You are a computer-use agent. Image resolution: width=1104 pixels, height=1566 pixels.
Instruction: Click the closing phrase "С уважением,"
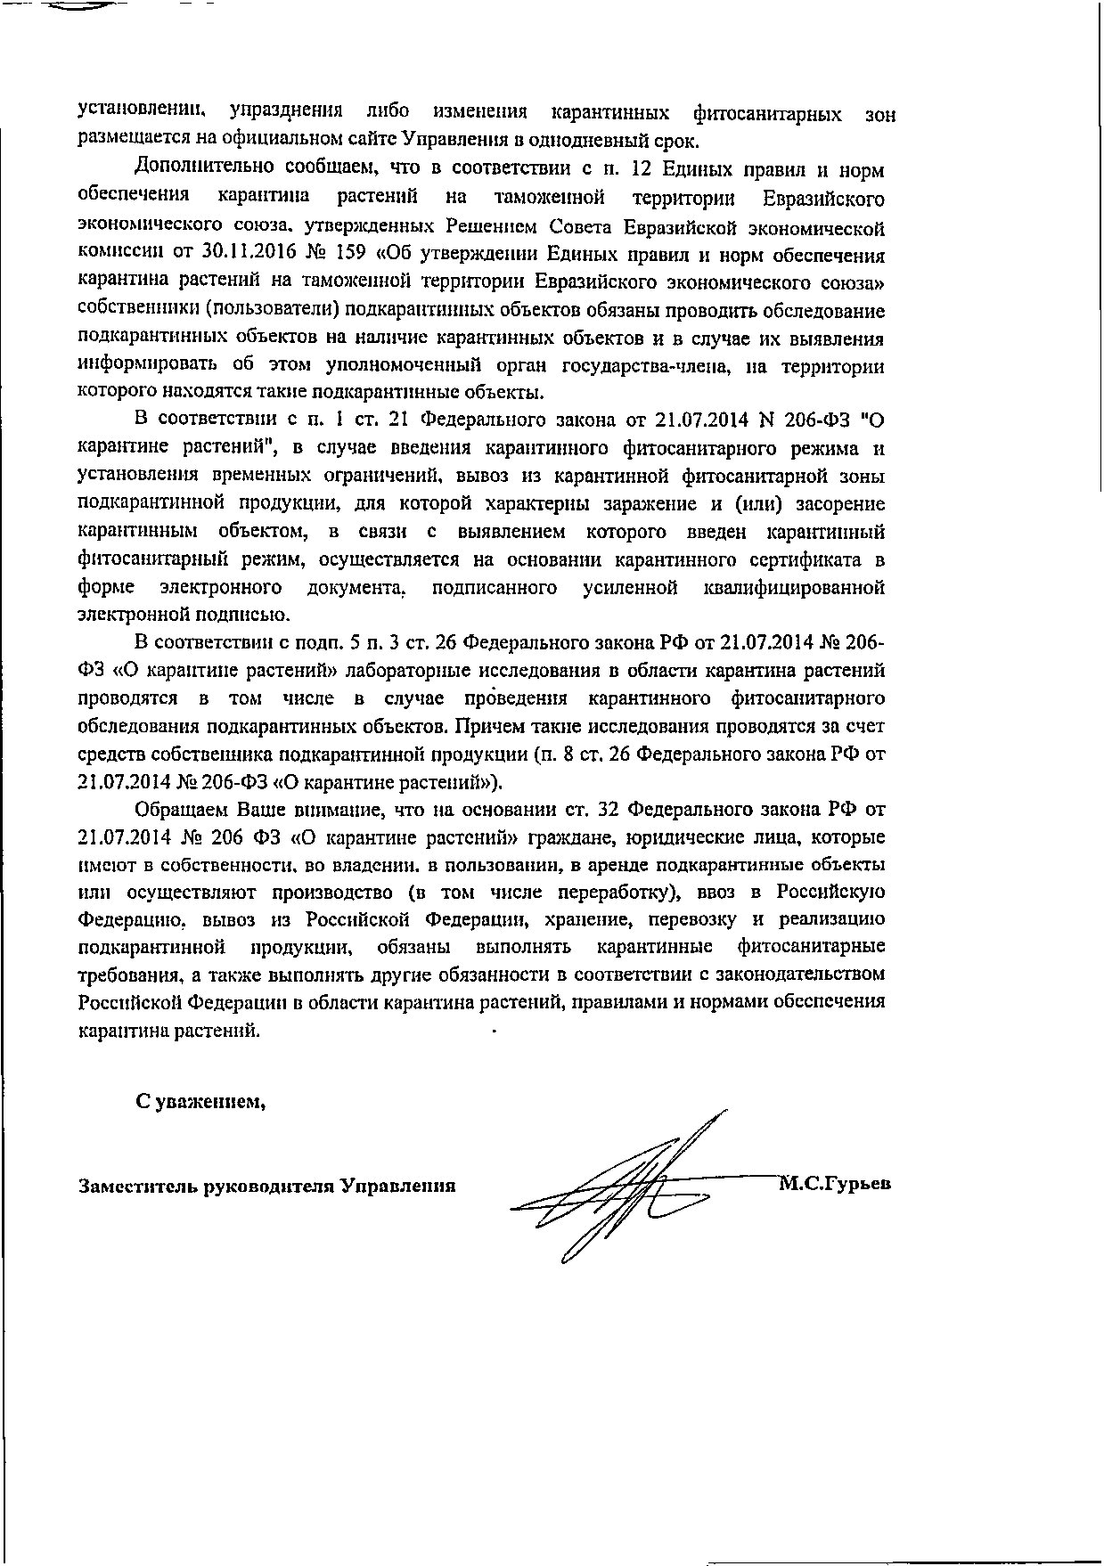coord(200,1102)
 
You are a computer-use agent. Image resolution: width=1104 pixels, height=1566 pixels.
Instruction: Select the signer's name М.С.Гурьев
coord(835,1185)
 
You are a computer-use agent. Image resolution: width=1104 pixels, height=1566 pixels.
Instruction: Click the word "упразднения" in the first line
coord(287,113)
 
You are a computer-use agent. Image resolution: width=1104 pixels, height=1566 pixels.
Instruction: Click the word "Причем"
coord(485,727)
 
